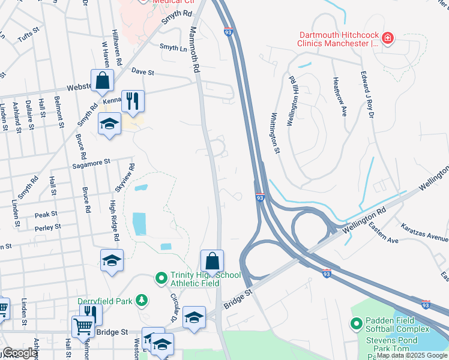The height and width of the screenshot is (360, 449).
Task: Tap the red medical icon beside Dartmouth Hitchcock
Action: pyautogui.click(x=388, y=39)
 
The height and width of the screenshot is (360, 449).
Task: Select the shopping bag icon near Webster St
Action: pyautogui.click(x=103, y=81)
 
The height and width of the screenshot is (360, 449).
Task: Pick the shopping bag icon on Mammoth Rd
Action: pyautogui.click(x=212, y=262)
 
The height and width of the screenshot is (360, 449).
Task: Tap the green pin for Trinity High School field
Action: pyautogui.click(x=160, y=278)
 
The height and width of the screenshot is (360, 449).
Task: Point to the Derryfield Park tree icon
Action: pyautogui.click(x=141, y=299)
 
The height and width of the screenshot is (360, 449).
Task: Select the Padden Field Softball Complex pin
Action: pyautogui.click(x=356, y=325)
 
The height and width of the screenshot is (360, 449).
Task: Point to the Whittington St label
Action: pyautogui.click(x=276, y=133)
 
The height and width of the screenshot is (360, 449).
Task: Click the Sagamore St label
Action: pyautogui.click(x=91, y=162)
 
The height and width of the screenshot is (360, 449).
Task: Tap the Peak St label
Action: pyautogui.click(x=46, y=214)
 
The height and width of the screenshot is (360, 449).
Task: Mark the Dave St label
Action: pyautogui.click(x=143, y=73)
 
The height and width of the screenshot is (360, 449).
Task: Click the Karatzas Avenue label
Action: pyautogui.click(x=424, y=233)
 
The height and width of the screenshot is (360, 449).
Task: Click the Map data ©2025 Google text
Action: pyautogui.click(x=412, y=355)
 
